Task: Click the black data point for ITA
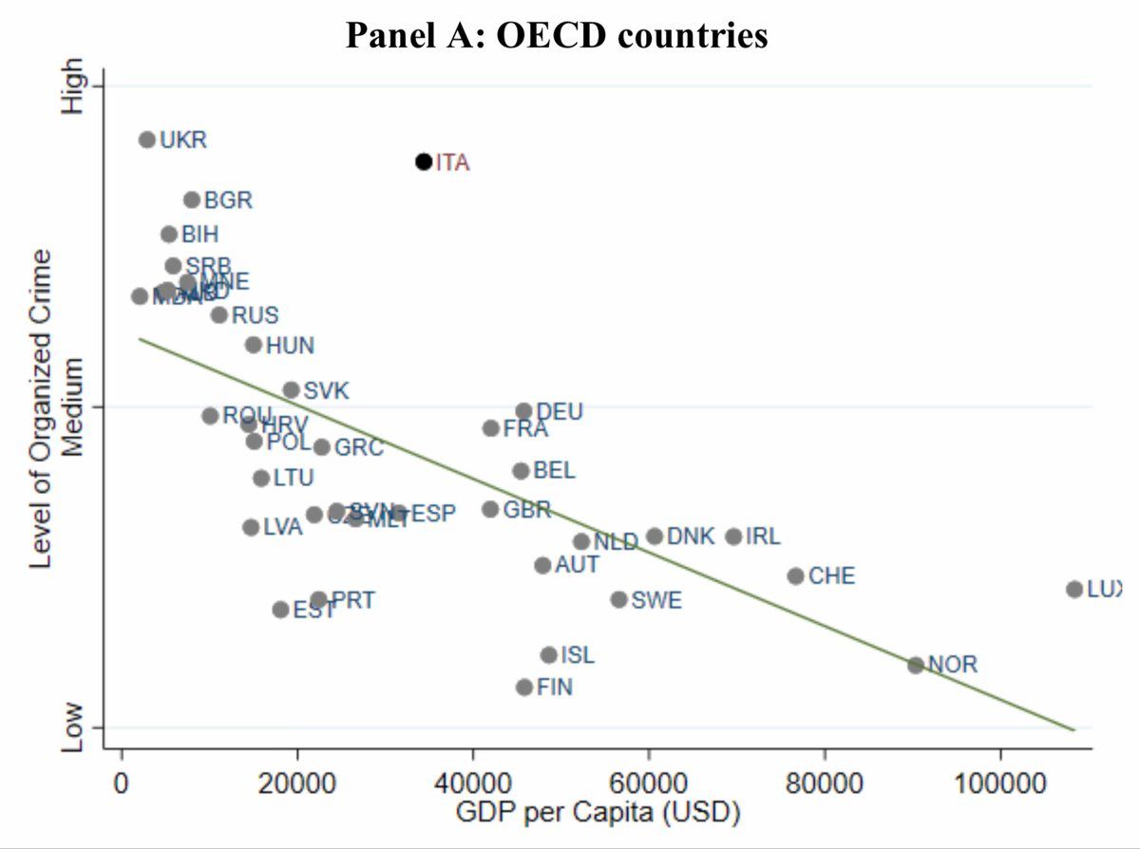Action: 424,161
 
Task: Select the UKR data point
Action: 146,140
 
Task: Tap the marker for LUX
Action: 1074,589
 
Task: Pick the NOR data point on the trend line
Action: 916,665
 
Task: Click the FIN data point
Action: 524,687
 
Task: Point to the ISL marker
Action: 548,655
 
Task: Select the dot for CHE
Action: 796,575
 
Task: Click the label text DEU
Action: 560,411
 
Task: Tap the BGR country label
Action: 228,200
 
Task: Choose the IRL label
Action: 763,537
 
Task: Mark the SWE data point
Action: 618,599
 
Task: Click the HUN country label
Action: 290,346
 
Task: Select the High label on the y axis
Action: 72,86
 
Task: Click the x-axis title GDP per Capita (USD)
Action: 598,813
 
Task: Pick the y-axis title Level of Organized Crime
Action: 40,409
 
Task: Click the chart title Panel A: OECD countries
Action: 557,35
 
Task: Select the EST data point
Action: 280,609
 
